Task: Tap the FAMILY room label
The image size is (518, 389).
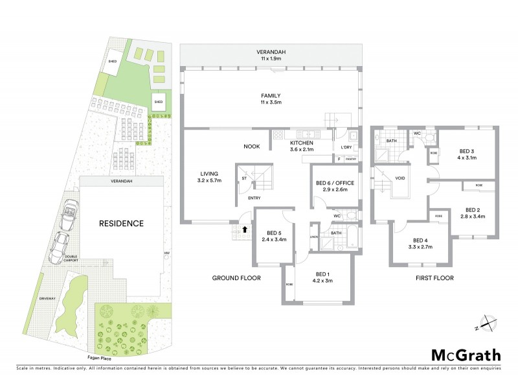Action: click(270, 95)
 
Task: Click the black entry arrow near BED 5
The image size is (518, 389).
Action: click(245, 229)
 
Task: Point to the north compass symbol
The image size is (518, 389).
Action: click(486, 323)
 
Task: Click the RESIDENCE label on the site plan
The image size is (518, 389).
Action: click(120, 223)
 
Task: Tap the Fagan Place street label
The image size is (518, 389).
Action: click(88, 356)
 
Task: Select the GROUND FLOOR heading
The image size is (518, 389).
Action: click(236, 277)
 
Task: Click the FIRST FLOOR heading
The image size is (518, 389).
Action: click(434, 277)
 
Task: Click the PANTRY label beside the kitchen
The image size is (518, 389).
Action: click(351, 158)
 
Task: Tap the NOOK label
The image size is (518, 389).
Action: click(252, 146)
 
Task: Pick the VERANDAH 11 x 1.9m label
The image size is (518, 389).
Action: click(271, 54)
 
